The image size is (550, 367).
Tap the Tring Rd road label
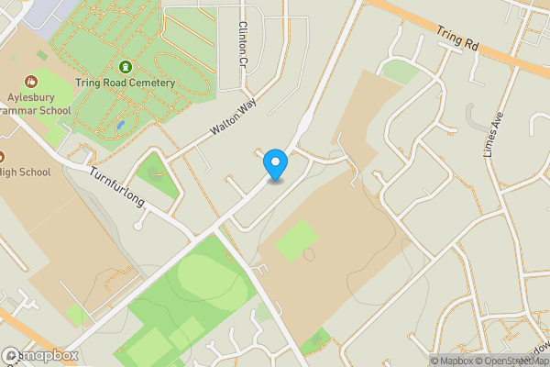tap(458, 38)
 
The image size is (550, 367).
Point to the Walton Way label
tap(230, 120)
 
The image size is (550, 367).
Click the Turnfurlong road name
tap(116, 186)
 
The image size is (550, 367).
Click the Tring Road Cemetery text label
tap(125, 83)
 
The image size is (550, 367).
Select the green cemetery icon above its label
tap(125, 67)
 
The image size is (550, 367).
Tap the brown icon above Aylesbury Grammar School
tap(32, 82)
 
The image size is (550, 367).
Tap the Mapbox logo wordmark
tap(41, 356)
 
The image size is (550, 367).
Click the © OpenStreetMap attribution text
tap(509, 361)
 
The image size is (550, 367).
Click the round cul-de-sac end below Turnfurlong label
tap(137, 225)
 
